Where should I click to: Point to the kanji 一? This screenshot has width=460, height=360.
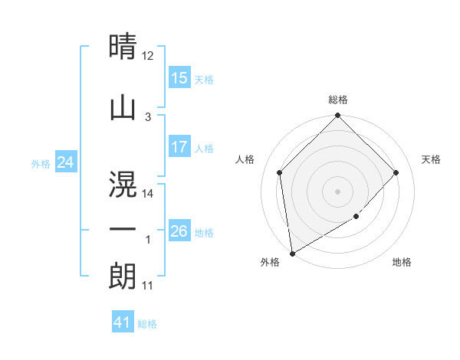(x=123, y=229)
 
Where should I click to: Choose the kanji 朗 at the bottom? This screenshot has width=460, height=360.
(x=123, y=276)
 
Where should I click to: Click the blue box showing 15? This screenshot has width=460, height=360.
(x=179, y=78)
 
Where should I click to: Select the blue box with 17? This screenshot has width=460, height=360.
(x=179, y=147)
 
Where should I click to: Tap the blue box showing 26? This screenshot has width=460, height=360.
(x=179, y=231)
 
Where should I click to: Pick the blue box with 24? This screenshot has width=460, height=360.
(x=65, y=162)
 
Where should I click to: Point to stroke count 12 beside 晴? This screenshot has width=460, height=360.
(x=148, y=56)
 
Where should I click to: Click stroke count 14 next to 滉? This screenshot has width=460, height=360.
(x=148, y=194)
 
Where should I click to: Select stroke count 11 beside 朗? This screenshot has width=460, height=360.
(x=148, y=286)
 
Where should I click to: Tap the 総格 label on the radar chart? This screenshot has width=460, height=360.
(x=337, y=100)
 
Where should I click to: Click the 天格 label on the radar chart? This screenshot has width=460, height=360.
(x=431, y=159)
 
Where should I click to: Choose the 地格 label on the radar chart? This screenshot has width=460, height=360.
(x=402, y=262)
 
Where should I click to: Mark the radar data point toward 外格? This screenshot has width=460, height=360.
(x=291, y=254)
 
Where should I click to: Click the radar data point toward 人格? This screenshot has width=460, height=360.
(x=280, y=172)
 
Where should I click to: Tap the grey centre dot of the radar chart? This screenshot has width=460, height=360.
(x=337, y=191)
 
